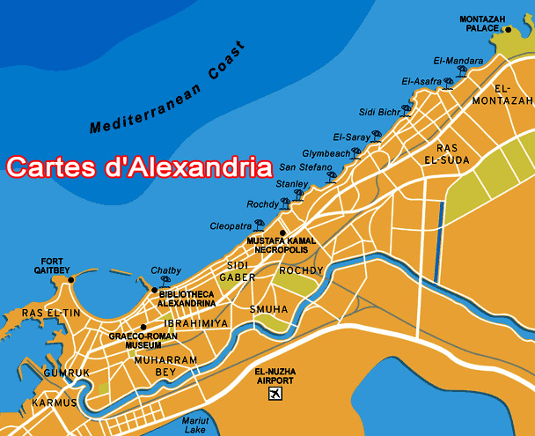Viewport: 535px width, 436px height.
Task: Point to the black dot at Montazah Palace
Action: [508, 29]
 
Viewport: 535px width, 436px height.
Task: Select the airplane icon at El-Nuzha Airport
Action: [276, 392]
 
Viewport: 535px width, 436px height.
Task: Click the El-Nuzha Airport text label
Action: [276, 375]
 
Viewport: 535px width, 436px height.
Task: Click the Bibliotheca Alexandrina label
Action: [186, 298]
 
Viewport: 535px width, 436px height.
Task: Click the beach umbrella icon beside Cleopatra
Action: [259, 225]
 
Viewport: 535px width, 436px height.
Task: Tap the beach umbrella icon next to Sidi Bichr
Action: [407, 110]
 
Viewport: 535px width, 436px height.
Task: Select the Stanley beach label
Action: [291, 184]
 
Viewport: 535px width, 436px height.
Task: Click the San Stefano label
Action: [305, 167]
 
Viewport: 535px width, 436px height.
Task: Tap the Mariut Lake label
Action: [194, 425]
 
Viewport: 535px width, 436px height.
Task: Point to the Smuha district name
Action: [268, 310]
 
